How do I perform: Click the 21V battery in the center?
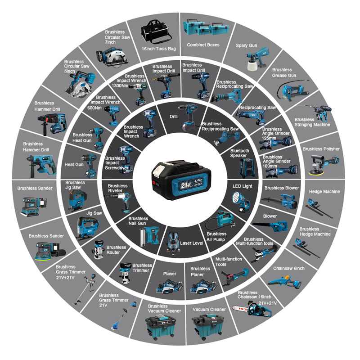(181, 180)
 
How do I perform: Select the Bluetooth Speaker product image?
(247, 168)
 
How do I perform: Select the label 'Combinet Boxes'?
(203, 45)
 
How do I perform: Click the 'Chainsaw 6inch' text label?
(288, 268)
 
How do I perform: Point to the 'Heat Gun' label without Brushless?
(74, 165)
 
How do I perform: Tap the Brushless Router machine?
(98, 250)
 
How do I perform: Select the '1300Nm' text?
(120, 85)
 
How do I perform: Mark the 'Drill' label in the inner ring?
(174, 117)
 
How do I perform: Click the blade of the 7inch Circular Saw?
(117, 58)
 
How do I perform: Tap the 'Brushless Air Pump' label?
(216, 237)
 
